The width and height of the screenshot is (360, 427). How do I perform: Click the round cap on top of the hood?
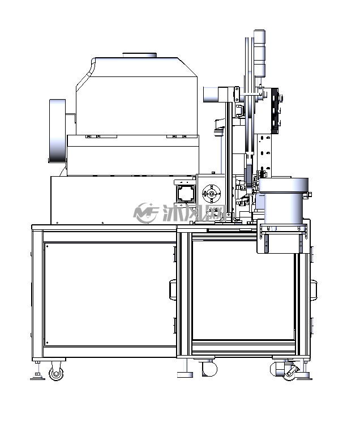(x=140, y=55)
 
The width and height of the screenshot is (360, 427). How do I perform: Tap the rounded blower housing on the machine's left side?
(x=57, y=131)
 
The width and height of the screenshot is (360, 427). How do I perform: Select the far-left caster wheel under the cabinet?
(x=56, y=373)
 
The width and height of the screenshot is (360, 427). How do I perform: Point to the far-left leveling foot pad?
(x=37, y=377)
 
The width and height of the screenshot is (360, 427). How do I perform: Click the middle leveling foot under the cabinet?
(x=185, y=374)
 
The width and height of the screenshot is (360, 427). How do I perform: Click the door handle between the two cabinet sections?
(x=173, y=290)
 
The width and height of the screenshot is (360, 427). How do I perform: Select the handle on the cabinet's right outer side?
(x=314, y=290)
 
